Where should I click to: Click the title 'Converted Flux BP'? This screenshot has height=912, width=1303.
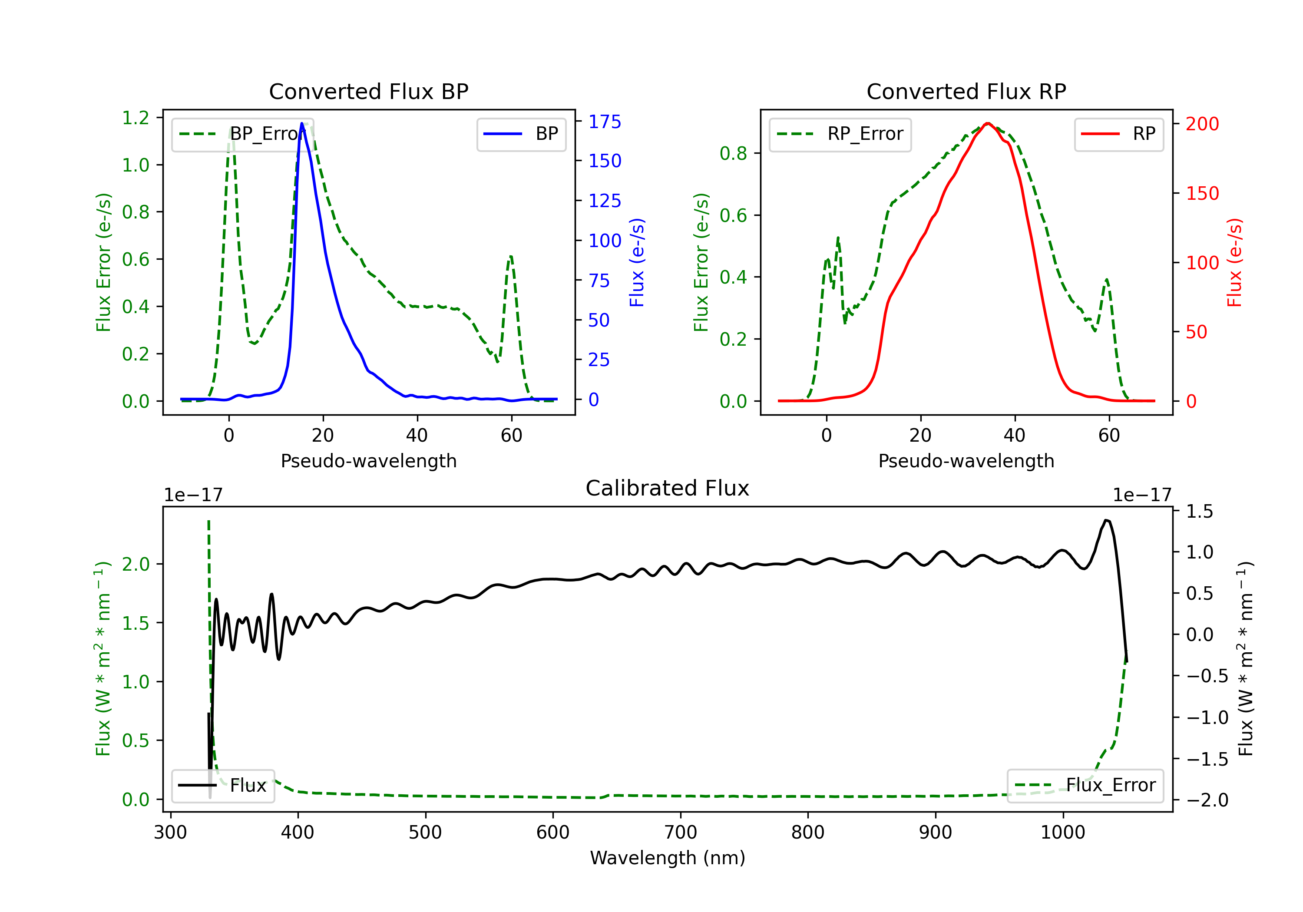click(368, 91)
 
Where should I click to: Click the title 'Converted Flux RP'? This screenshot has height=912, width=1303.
click(966, 91)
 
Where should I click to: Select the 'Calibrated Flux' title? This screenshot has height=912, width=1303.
click(668, 488)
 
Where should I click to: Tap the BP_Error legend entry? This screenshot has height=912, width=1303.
click(242, 134)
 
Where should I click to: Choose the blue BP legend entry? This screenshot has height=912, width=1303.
click(521, 134)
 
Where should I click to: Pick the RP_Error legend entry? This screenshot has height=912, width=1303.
click(840, 134)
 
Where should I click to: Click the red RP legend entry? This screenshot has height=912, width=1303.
click(1118, 134)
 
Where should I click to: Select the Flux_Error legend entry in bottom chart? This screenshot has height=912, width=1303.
click(1085, 786)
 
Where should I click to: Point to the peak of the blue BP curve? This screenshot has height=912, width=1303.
click(302, 123)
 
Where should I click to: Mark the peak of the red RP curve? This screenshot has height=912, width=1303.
click(988, 123)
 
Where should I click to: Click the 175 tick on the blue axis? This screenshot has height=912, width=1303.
click(605, 122)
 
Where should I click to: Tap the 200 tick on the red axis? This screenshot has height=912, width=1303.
click(1202, 124)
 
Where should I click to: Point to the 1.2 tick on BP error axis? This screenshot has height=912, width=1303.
click(136, 118)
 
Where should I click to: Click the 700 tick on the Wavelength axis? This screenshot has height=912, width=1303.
click(681, 832)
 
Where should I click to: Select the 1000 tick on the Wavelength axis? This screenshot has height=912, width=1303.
click(1063, 832)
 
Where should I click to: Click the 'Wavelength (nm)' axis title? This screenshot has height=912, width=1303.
click(668, 858)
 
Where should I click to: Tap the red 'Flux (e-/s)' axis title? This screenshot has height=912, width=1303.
click(1234, 262)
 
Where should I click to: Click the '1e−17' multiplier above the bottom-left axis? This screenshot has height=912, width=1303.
click(193, 495)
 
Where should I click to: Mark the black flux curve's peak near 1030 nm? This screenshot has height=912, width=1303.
click(1106, 520)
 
